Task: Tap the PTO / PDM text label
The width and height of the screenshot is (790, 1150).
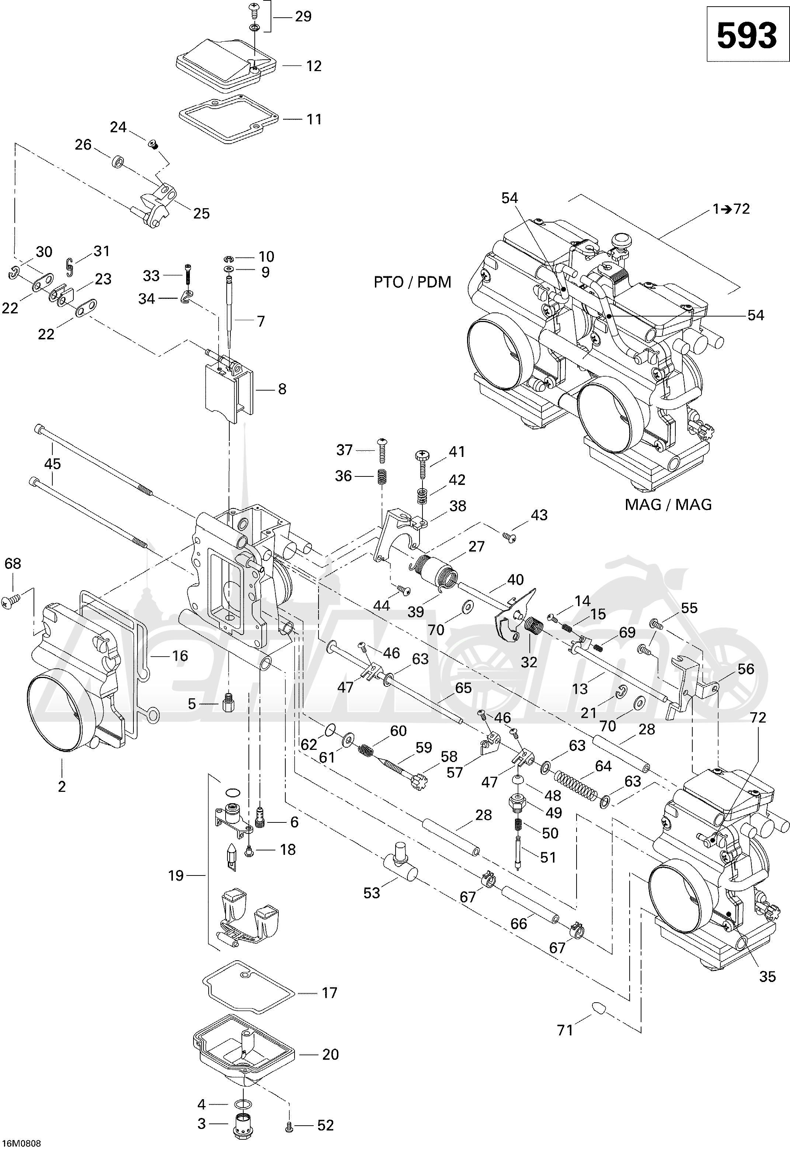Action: [x=412, y=282]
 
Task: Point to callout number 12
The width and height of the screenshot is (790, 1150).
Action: [x=314, y=66]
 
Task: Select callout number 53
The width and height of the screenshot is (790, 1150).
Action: [x=371, y=893]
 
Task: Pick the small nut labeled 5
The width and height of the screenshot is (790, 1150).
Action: [x=228, y=703]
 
